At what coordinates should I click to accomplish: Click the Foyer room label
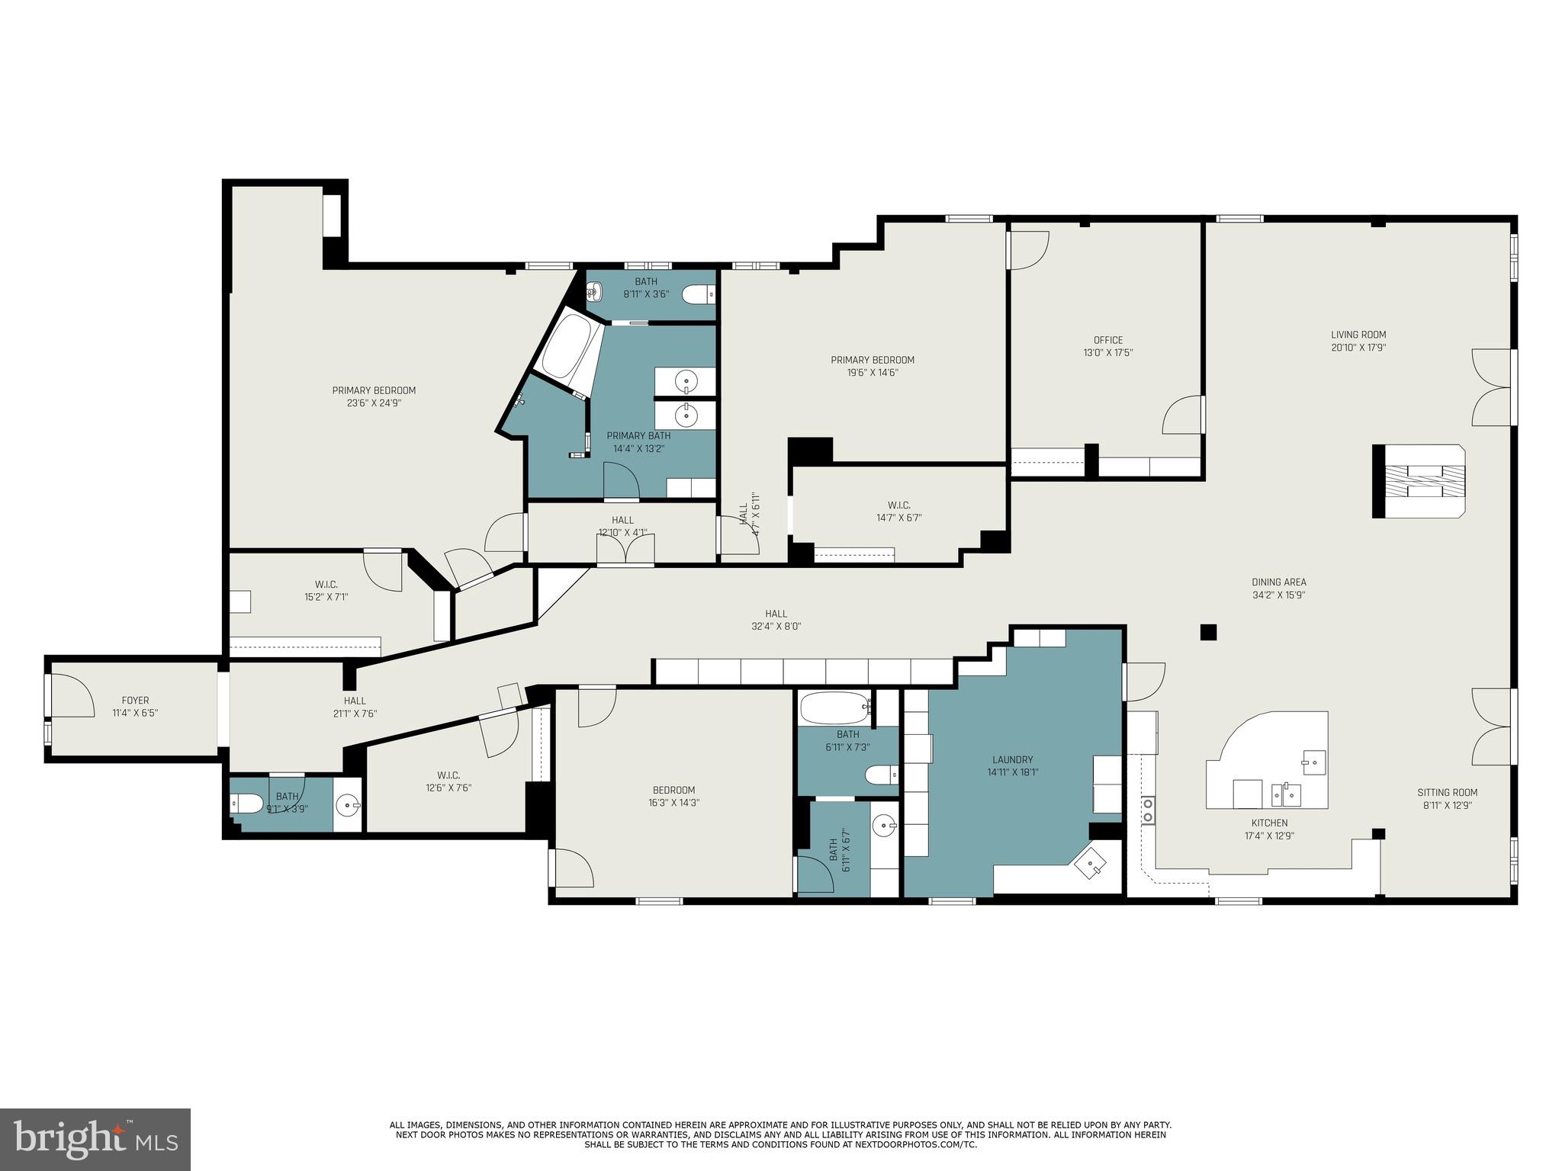[135, 701]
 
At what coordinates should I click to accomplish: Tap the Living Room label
[1358, 335]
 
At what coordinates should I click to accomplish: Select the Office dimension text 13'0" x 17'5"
[1107, 353]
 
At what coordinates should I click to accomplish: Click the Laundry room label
[1012, 759]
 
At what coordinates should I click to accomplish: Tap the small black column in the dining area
[1208, 632]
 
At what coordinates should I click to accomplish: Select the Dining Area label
[1278, 582]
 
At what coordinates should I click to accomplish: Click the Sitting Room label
[1448, 792]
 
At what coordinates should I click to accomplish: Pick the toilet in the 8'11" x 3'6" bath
[697, 294]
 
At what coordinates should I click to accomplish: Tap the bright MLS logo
[95, 1139]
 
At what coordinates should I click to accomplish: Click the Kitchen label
[1269, 823]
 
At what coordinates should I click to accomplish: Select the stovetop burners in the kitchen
[1147, 810]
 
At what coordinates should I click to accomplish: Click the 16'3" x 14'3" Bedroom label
[673, 790]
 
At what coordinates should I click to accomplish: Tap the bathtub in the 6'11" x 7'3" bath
[835, 708]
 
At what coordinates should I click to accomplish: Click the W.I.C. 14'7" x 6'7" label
[898, 505]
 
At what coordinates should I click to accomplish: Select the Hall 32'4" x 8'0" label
[776, 614]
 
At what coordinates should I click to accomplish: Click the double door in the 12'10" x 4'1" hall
[625, 550]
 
